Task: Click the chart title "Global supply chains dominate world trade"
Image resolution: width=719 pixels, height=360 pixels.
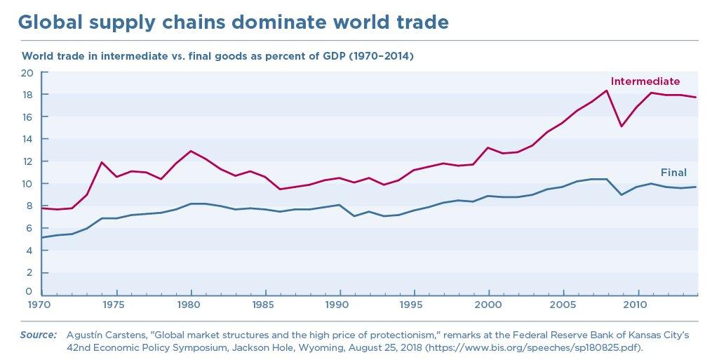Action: click(x=233, y=22)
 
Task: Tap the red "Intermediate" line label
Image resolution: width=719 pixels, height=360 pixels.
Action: click(x=645, y=81)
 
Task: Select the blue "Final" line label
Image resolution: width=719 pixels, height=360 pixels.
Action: click(x=673, y=173)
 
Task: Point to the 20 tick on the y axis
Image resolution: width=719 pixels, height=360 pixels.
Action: click(x=27, y=73)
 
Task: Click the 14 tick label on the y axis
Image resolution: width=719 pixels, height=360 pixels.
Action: click(x=27, y=140)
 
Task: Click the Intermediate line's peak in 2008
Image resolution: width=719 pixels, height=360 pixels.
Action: click(x=606, y=90)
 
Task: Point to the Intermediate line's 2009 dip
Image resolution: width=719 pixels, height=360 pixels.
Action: click(x=621, y=126)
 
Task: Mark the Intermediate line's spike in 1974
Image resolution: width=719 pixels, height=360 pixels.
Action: click(x=102, y=162)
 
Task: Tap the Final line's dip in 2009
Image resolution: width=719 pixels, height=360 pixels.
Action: click(x=621, y=194)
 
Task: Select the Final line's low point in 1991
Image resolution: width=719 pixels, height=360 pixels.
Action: click(x=354, y=215)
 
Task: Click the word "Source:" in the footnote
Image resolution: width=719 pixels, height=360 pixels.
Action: click(x=38, y=335)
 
